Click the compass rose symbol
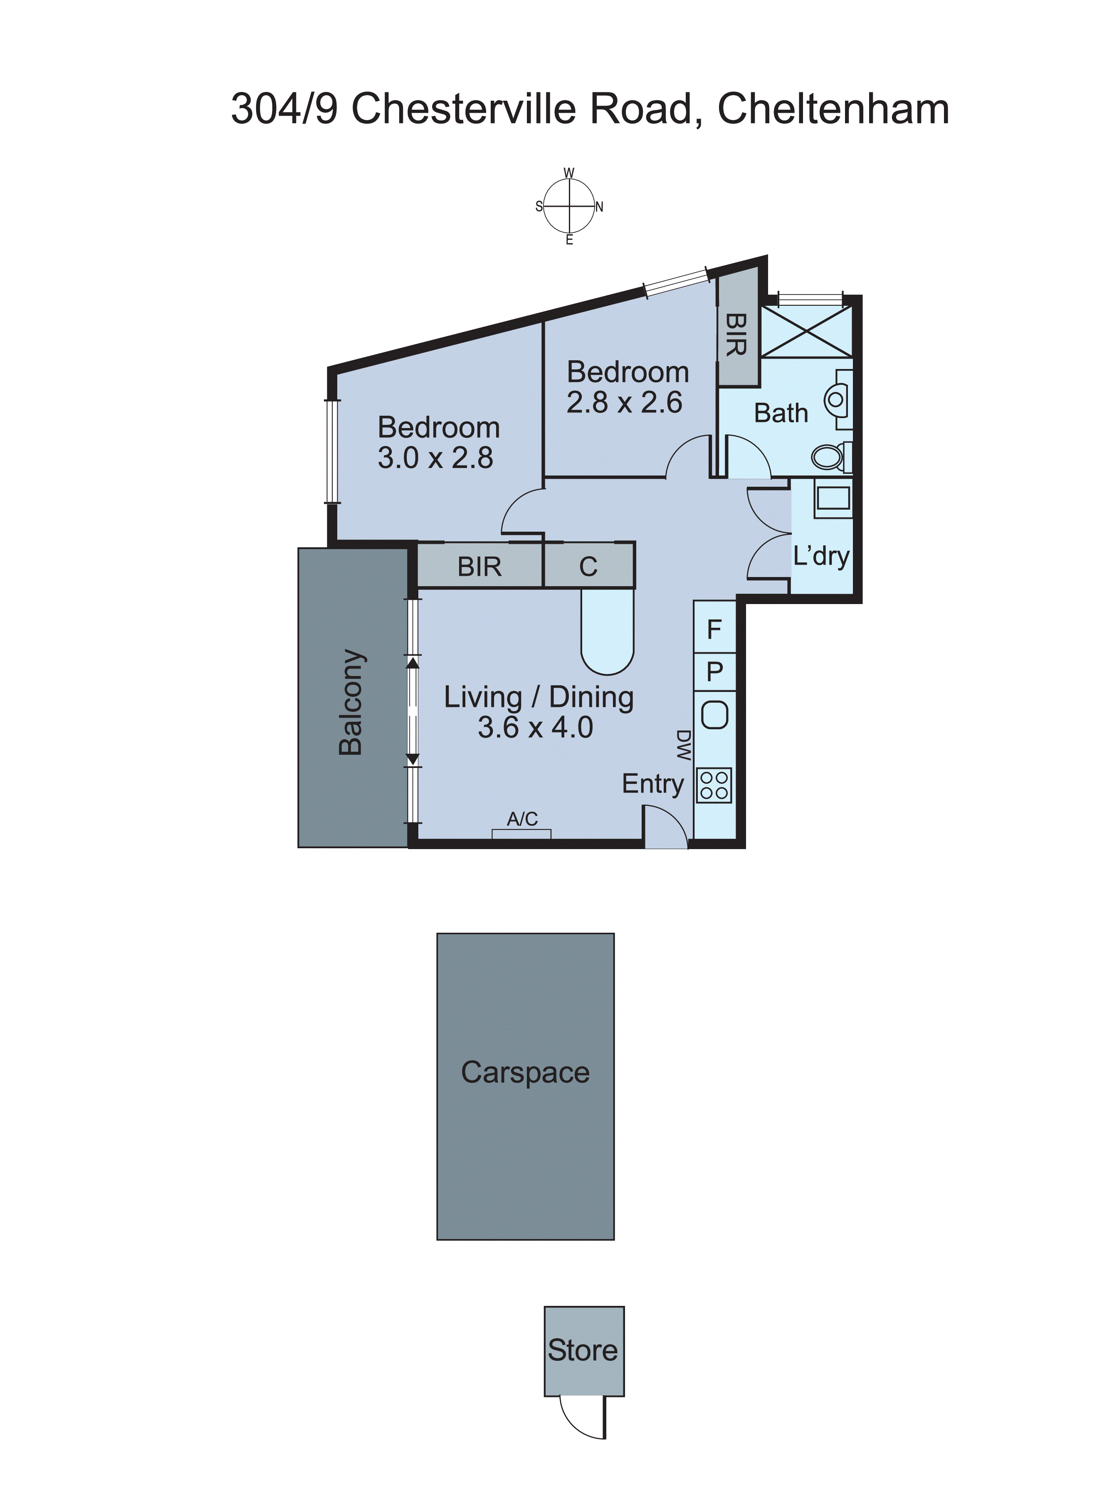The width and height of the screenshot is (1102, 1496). [x=569, y=206]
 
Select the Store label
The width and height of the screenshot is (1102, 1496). [x=583, y=1350]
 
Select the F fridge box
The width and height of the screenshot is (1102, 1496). [x=714, y=629]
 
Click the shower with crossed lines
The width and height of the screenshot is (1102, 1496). [x=806, y=332]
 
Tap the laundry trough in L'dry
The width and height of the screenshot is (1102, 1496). [x=832, y=499]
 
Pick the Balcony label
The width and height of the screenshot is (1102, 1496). [x=351, y=701]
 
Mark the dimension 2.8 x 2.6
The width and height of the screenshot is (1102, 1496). [x=624, y=402]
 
